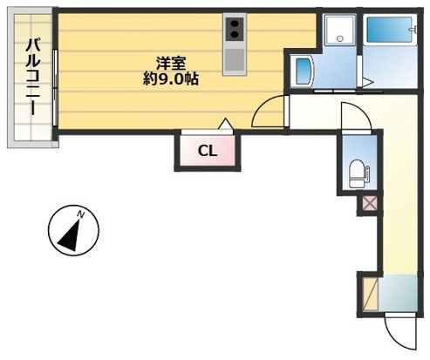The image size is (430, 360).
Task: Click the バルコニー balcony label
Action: click(32, 77)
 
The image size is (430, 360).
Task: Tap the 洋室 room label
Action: click(171, 64)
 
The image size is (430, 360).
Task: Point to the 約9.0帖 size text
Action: click(171, 78)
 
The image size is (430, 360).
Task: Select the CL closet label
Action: click(208, 151)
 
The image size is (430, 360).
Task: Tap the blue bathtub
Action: click(389, 30)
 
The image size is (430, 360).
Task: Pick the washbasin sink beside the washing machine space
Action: click(303, 71)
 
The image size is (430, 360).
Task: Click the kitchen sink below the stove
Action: click(234, 59)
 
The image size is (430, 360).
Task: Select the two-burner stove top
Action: click(235, 29)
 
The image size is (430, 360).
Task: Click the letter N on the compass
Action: click(80, 214)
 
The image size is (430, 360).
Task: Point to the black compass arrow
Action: click(70, 236)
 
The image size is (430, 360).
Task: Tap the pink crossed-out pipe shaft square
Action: click(370, 203)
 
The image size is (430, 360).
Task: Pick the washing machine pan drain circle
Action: click(339, 38)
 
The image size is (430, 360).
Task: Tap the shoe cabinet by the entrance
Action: click(370, 294)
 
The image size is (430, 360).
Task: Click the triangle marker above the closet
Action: click(226, 124)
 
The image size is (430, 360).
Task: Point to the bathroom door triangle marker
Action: click(367, 83)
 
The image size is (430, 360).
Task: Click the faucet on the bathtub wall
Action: click(413, 29)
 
